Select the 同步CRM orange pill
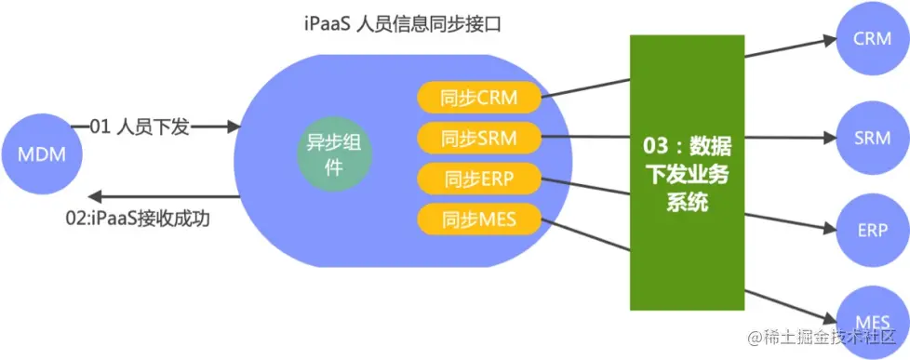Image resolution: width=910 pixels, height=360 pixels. pyautogui.click(x=479, y=96)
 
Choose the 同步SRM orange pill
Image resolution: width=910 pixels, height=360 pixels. pyautogui.click(x=479, y=138)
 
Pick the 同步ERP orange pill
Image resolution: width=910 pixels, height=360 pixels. pyautogui.click(x=479, y=179)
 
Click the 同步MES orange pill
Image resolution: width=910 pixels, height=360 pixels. pyautogui.click(x=479, y=220)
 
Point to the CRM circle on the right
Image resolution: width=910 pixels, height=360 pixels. pyautogui.click(x=872, y=38)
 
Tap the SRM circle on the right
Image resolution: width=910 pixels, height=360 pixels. pyautogui.click(x=872, y=138)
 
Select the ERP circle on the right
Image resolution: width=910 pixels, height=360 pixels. pyautogui.click(x=872, y=230)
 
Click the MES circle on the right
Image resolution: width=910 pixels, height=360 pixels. pyautogui.click(x=872, y=321)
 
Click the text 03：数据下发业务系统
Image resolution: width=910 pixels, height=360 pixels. pyautogui.click(x=687, y=173)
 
